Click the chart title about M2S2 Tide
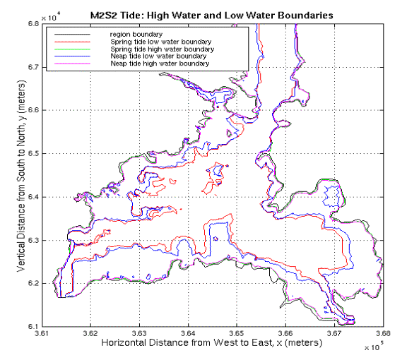(x=211, y=16)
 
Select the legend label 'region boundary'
(x=136, y=35)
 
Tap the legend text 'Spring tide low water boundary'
(x=161, y=42)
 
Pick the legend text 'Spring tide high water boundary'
(x=163, y=49)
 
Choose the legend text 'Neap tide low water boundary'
(x=158, y=56)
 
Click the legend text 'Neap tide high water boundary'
(x=160, y=64)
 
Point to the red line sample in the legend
(x=72, y=42)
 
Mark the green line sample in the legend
(x=72, y=49)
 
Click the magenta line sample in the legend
(x=72, y=64)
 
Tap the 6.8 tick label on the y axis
(x=33, y=24)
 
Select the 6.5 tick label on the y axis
(x=33, y=154)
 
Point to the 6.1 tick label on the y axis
(x=33, y=327)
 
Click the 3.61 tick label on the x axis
(x=42, y=334)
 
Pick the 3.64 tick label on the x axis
(x=188, y=334)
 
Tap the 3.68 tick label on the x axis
(x=383, y=334)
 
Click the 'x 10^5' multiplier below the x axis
(x=374, y=347)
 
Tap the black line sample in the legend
(x=72, y=35)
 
